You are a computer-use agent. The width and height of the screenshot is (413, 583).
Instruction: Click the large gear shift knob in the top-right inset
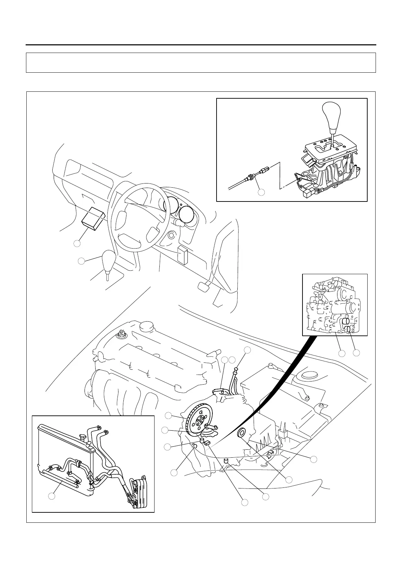pyautogui.click(x=332, y=116)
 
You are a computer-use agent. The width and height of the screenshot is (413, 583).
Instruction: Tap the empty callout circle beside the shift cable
pyautogui.click(x=262, y=192)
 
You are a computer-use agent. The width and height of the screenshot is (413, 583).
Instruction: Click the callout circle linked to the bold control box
pyautogui.click(x=77, y=243)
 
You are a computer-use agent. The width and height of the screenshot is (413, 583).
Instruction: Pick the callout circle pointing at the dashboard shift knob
pyautogui.click(x=81, y=261)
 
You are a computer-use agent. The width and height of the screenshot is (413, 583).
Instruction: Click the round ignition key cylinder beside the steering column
pyautogui.click(x=170, y=236)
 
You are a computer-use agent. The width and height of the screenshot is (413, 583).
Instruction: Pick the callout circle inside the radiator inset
pyautogui.click(x=52, y=496)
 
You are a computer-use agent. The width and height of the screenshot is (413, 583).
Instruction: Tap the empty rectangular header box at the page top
pyautogui.click(x=201, y=63)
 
